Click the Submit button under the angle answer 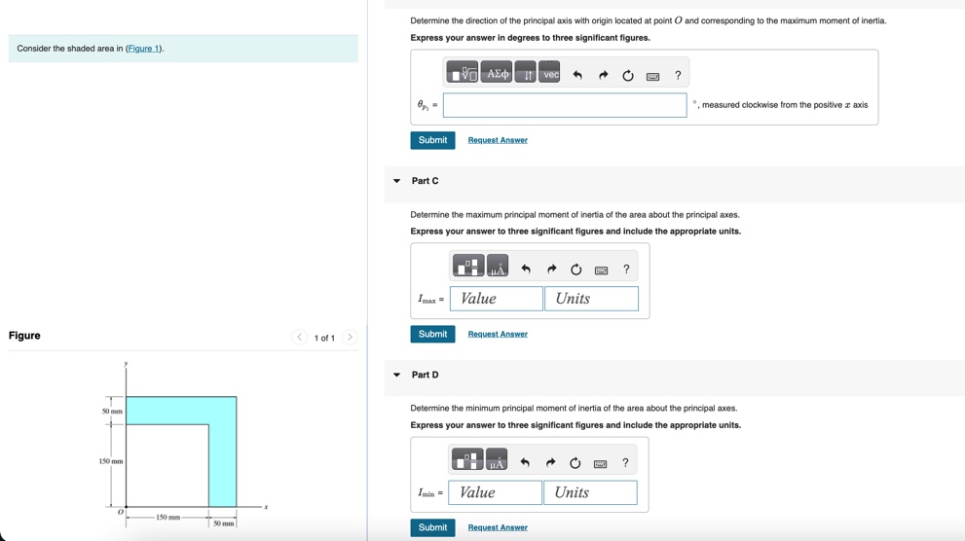point(432,140)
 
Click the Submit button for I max point(432,334)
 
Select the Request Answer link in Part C point(498,334)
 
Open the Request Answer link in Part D point(498,527)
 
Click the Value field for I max point(497,299)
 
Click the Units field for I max point(591,299)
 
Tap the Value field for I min point(496,492)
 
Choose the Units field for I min point(590,492)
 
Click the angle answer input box point(565,105)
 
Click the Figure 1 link point(144,49)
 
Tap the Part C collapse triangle point(396,181)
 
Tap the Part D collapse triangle point(396,375)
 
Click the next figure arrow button point(350,338)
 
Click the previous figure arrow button point(300,338)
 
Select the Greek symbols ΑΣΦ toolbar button point(497,74)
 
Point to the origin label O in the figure point(121,512)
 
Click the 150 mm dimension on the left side point(111,460)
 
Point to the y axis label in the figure point(126,364)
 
